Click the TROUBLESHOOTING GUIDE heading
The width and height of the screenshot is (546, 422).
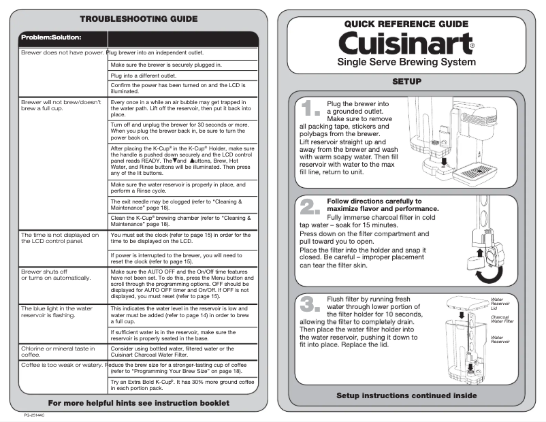pyautogui.click(x=138, y=18)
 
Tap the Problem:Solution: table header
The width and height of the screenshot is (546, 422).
pyautogui.click(x=52, y=36)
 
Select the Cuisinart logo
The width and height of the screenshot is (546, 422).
pyautogui.click(x=406, y=44)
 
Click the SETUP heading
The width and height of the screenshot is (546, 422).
pyautogui.click(x=406, y=82)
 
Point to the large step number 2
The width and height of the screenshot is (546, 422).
pyautogui.click(x=310, y=207)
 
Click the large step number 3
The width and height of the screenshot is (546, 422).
pyautogui.click(x=310, y=304)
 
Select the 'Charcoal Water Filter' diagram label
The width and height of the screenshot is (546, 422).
pyautogui.click(x=502, y=319)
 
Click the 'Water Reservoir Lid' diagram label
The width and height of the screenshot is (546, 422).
pyautogui.click(x=500, y=302)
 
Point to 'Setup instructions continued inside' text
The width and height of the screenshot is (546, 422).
pyautogui.click(x=406, y=395)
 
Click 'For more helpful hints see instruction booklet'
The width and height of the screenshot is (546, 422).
pyautogui.click(x=138, y=403)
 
